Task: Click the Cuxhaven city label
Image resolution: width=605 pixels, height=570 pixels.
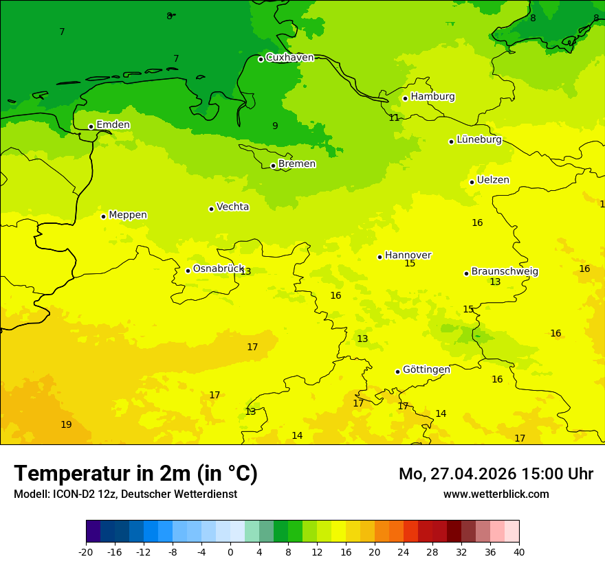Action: pos(289,58)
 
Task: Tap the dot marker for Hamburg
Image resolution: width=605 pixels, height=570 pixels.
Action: pos(405,98)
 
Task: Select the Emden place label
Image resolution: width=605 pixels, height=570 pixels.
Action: pos(113,125)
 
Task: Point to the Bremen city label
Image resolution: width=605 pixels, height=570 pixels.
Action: pos(297,164)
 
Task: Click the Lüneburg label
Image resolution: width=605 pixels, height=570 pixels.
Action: pos(479,139)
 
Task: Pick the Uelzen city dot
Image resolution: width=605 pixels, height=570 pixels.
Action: pos(472,182)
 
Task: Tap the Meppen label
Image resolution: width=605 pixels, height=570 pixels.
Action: pos(128,215)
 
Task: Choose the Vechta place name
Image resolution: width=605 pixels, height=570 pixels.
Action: pos(232,207)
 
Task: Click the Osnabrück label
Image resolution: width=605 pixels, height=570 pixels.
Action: pos(219,269)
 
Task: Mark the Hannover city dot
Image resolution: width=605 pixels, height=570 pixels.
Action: pos(379,257)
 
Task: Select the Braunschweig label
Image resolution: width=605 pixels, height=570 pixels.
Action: pos(505,272)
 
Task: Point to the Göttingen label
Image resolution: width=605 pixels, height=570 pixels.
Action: pos(426,369)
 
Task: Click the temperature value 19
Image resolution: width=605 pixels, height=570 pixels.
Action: pos(66,424)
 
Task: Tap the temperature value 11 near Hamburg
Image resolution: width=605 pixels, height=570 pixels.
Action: pos(394,118)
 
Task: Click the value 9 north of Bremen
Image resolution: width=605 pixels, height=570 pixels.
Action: pos(275,126)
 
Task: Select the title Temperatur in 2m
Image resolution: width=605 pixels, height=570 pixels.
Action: pos(135,473)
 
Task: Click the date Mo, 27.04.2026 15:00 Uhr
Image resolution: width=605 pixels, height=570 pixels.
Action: pos(496,474)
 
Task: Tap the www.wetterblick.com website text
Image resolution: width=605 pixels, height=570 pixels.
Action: pos(496,494)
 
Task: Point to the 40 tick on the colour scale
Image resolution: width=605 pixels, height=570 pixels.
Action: pos(519,551)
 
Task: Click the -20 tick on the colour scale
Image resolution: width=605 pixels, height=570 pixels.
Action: pos(86,551)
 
